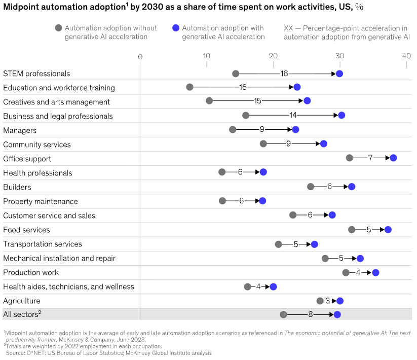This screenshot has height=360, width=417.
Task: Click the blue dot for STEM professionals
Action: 339,74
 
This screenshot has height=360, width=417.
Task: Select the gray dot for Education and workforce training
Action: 189,87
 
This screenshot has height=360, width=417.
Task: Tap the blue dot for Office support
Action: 393,158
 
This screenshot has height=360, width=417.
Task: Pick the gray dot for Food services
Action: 352,230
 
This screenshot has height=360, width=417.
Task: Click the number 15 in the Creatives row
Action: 257,101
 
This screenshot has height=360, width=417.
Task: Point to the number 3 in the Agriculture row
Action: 328,301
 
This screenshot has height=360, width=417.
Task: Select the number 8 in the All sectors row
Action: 311,314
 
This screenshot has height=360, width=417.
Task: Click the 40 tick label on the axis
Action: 406,56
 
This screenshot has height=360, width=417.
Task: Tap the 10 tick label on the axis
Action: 206,56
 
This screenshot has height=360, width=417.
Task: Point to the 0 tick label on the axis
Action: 140,56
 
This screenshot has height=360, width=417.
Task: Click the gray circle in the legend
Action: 58,28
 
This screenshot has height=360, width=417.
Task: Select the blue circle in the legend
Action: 175,28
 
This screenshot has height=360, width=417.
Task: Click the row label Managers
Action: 20,130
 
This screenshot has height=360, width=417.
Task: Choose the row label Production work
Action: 31,272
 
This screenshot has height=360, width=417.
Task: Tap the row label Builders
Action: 17,187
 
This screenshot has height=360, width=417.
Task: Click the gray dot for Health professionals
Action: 222,172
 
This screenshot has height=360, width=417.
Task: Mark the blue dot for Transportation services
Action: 314,244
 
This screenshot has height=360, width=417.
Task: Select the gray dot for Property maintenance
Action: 222,201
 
